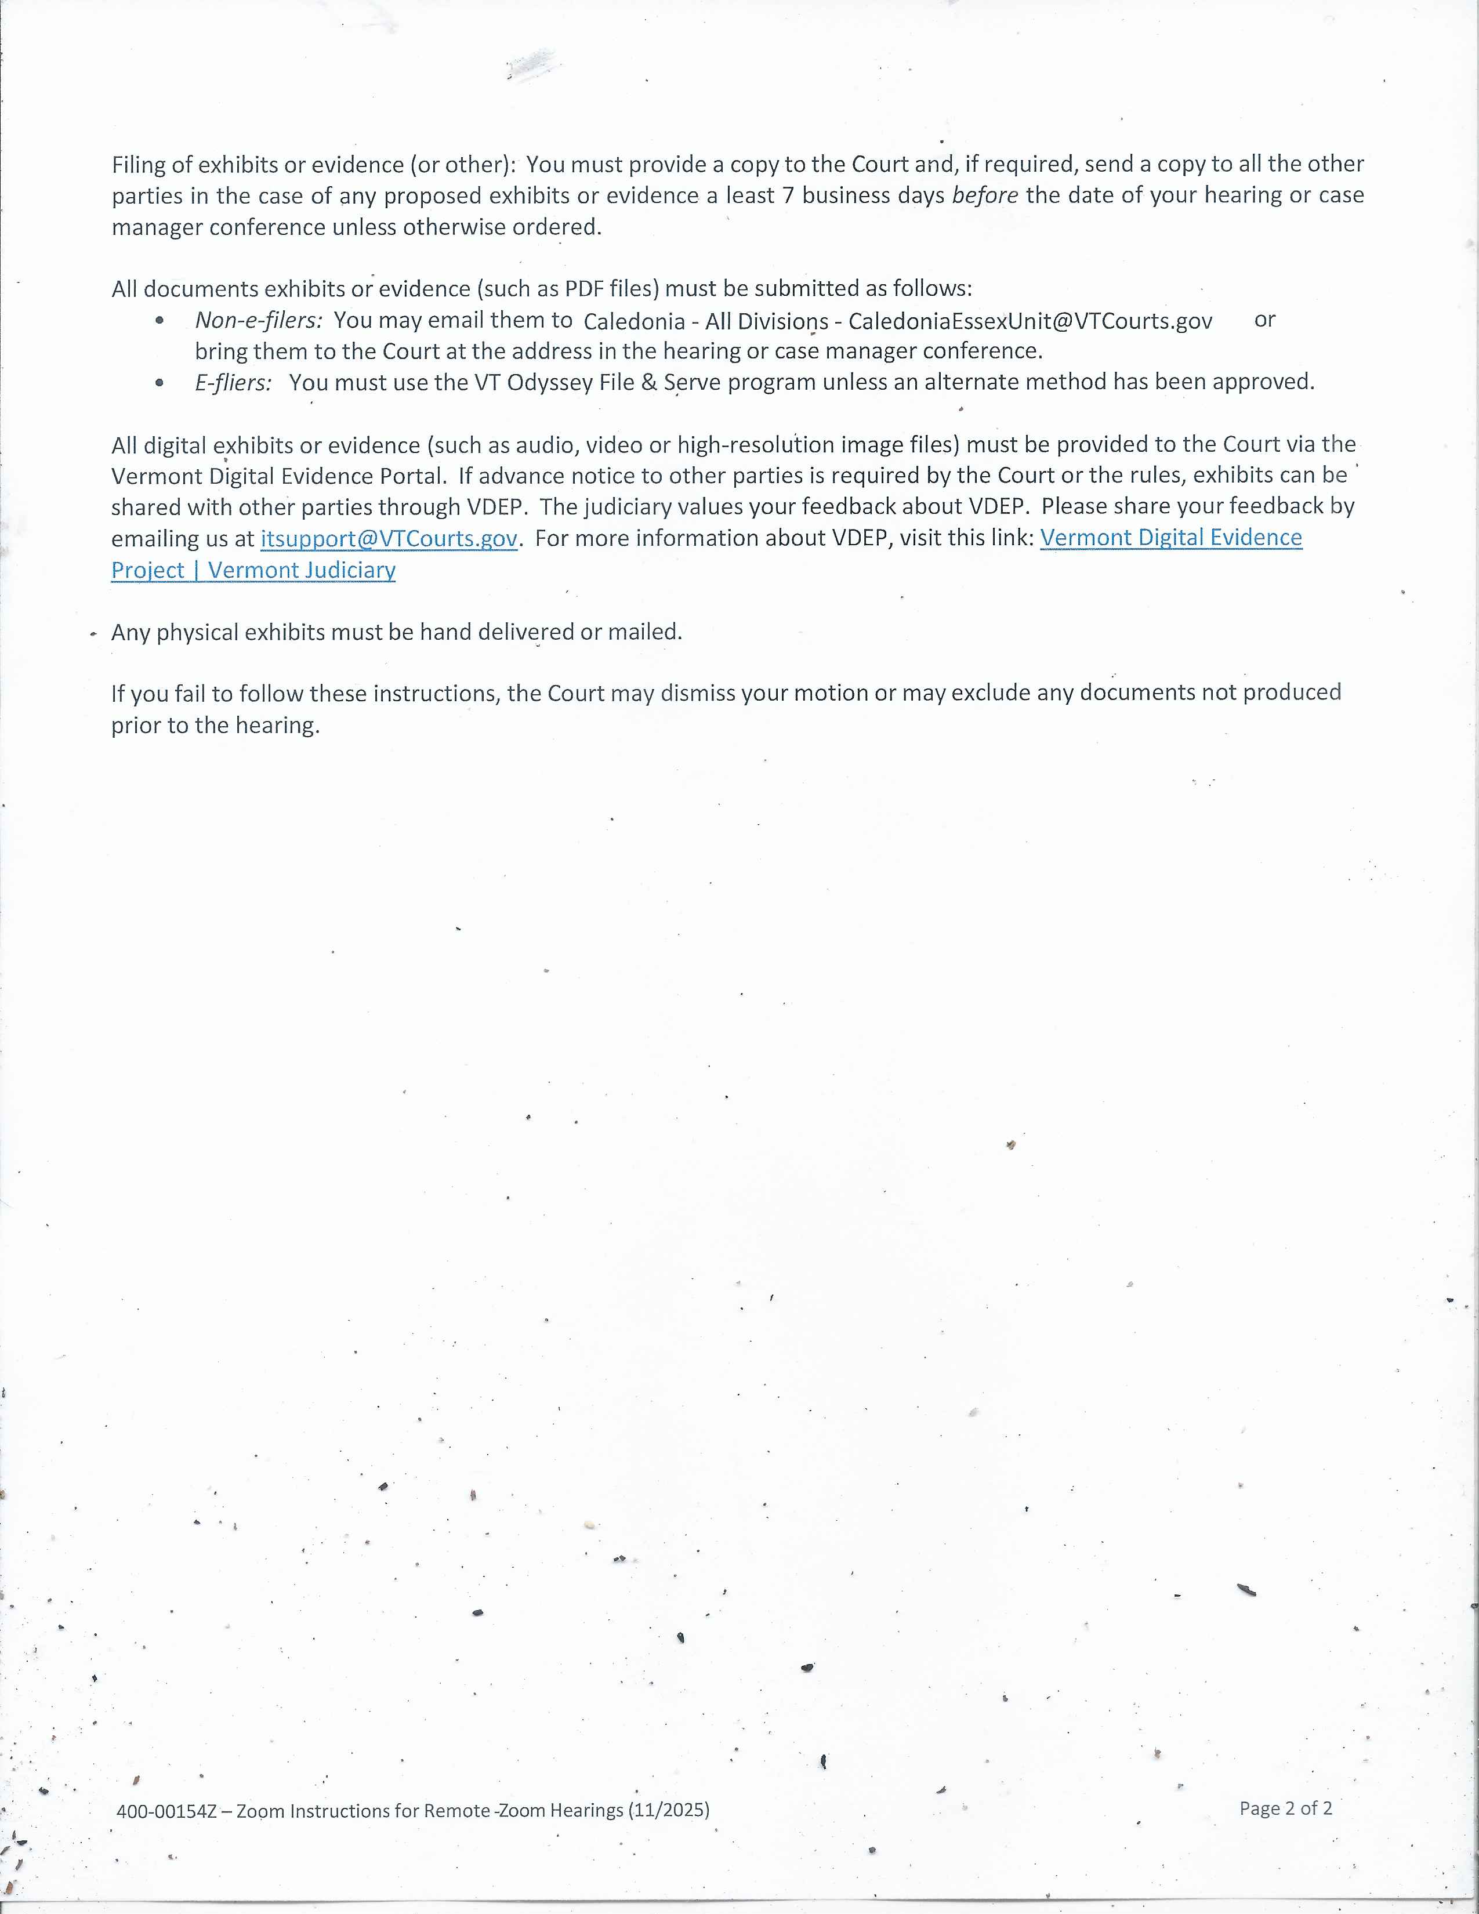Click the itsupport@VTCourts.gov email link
point(389,538)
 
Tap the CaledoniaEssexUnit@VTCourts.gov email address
point(1031,322)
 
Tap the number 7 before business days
point(788,195)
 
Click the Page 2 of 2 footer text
point(1285,1808)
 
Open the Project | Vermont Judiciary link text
point(253,571)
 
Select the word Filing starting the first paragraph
point(139,165)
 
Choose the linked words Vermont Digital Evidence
point(1170,537)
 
